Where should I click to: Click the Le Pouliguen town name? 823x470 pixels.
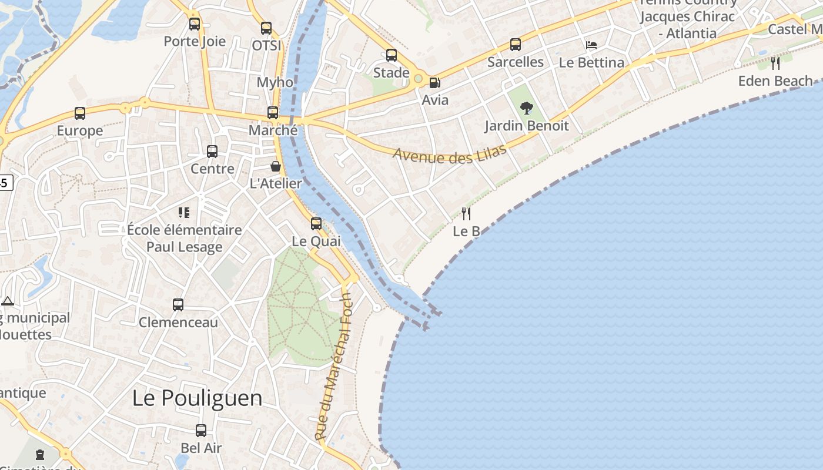click(x=197, y=398)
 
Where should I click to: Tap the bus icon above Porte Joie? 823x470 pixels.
click(x=195, y=24)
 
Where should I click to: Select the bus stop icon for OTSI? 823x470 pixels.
click(x=266, y=28)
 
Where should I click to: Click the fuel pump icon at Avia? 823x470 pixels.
click(x=434, y=83)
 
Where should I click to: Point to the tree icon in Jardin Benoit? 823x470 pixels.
click(x=526, y=108)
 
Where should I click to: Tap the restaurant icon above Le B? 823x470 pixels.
click(x=466, y=213)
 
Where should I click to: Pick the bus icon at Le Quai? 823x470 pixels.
click(x=316, y=223)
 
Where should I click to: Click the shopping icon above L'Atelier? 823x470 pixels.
click(x=275, y=166)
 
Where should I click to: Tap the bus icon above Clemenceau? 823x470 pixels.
click(x=178, y=305)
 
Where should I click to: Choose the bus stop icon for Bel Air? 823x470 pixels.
click(x=201, y=431)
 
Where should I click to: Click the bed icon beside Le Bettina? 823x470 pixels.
click(x=591, y=45)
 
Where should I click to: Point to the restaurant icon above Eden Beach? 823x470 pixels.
click(x=775, y=63)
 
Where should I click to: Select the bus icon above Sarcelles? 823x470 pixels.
click(x=516, y=44)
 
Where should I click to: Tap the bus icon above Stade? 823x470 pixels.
click(x=392, y=55)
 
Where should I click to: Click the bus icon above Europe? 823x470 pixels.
click(x=80, y=113)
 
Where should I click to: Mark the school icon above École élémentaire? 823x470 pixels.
click(x=184, y=212)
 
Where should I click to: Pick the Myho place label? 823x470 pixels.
click(x=275, y=82)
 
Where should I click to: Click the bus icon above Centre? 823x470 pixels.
click(x=212, y=151)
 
